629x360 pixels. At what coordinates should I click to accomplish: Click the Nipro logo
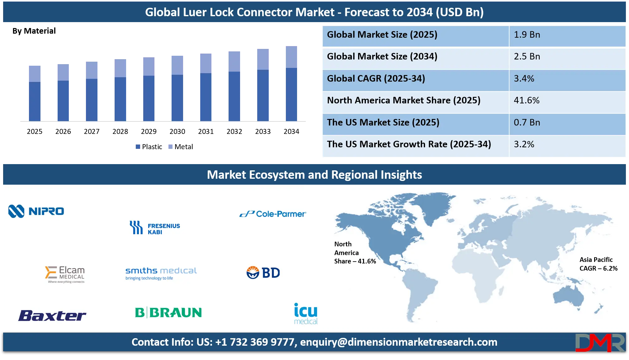(x=36, y=211)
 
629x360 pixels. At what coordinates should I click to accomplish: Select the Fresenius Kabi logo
(x=155, y=228)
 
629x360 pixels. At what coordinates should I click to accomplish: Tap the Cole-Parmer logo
(x=273, y=214)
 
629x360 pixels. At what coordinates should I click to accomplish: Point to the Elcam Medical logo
(x=65, y=274)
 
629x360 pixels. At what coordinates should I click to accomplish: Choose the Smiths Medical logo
(x=161, y=273)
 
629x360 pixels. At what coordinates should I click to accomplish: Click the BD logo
(x=263, y=273)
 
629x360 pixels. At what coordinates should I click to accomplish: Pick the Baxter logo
(x=52, y=315)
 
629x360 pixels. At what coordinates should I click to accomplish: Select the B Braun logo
(x=168, y=312)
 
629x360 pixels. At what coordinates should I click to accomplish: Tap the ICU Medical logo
(x=306, y=314)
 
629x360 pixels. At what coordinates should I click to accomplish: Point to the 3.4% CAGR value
(x=524, y=79)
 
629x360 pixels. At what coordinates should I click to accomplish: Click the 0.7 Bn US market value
(x=527, y=123)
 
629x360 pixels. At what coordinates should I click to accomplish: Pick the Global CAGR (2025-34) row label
(x=376, y=79)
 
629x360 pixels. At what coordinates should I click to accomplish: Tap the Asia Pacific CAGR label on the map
(x=598, y=264)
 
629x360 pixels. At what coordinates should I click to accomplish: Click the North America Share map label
(x=355, y=253)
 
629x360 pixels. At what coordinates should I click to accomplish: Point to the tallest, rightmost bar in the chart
(x=292, y=83)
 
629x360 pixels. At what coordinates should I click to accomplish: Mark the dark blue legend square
(x=138, y=147)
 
